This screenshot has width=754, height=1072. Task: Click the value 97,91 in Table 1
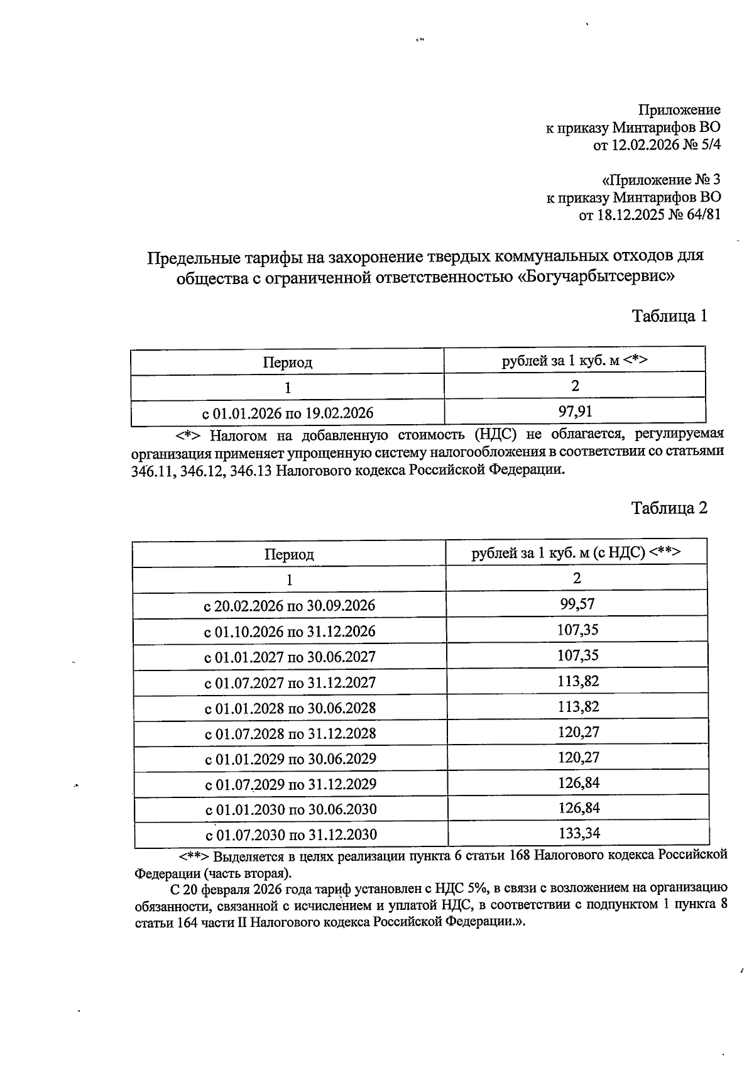click(575, 412)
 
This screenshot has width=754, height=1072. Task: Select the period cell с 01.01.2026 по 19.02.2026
click(287, 413)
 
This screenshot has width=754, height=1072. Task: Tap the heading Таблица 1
click(669, 315)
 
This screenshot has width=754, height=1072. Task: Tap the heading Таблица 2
click(669, 508)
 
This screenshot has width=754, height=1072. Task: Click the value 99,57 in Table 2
click(577, 604)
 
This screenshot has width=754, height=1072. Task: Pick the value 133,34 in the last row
click(579, 834)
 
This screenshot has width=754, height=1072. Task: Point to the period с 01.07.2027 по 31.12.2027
click(290, 683)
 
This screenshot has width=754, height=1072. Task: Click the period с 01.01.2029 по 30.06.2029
click(290, 759)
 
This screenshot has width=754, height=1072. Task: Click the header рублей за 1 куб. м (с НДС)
click(576, 553)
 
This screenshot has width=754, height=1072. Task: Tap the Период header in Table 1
click(287, 363)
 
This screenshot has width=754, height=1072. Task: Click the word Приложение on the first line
click(679, 110)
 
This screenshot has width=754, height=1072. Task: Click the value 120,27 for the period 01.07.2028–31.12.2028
click(578, 732)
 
